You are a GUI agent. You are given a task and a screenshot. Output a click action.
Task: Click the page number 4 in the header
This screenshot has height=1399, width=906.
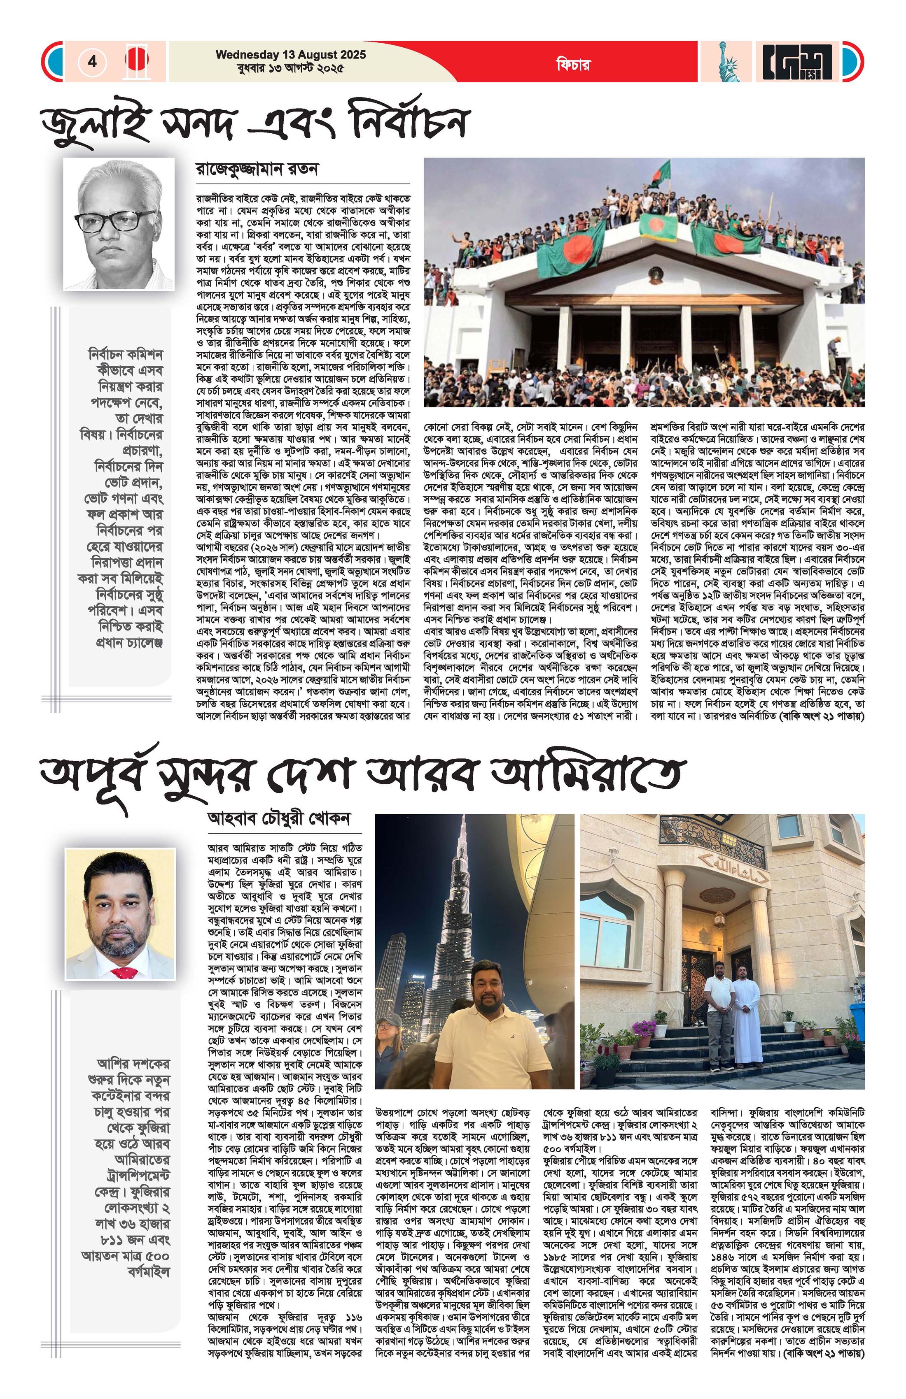(92, 61)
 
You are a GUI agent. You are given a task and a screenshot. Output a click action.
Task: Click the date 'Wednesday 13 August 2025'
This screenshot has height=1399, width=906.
(291, 55)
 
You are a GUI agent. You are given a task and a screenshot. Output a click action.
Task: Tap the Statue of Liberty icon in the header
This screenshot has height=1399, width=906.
(725, 62)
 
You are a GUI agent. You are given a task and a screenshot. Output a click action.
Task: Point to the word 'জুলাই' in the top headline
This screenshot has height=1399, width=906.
(88, 122)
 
